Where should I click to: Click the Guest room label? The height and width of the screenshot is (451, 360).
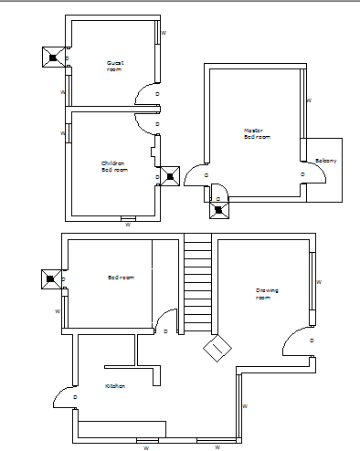click(114, 66)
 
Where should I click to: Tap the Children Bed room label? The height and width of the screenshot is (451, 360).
click(114, 166)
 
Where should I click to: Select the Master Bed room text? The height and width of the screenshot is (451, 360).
click(258, 133)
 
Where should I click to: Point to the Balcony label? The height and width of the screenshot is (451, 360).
click(326, 161)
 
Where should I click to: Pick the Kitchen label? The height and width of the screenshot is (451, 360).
click(114, 386)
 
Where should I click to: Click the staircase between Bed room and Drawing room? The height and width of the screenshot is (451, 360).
click(197, 283)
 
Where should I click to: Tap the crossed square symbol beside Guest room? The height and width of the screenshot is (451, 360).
click(52, 58)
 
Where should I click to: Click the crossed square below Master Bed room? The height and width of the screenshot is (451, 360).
click(218, 209)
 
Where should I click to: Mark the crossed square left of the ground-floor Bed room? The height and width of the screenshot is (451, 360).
click(51, 278)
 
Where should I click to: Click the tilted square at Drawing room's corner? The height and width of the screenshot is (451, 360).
click(218, 348)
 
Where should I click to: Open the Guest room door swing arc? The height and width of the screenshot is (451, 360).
click(146, 94)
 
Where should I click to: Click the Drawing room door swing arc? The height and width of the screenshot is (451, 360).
click(295, 341)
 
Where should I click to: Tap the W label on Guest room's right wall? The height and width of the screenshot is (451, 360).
click(164, 33)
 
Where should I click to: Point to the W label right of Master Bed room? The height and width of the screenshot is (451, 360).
click(309, 100)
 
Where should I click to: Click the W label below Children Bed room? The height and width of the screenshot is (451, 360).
click(127, 224)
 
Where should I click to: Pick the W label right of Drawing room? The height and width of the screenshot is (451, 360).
click(318, 282)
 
